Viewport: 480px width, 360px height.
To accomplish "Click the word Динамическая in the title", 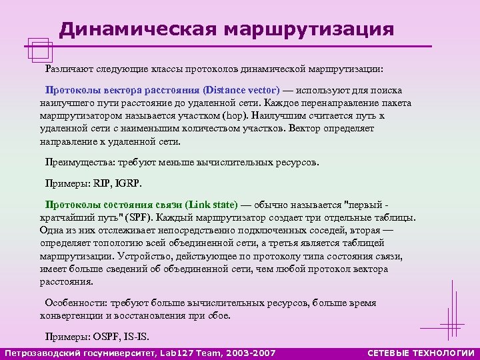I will [x=137, y=29].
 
